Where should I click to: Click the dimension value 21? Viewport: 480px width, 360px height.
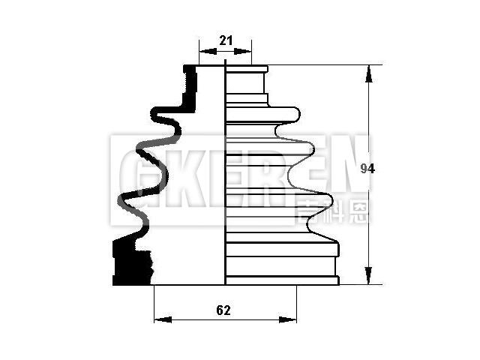[x=226, y=40]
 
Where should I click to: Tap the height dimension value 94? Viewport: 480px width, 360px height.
[x=367, y=169]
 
